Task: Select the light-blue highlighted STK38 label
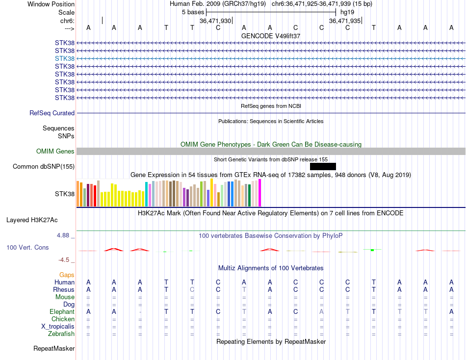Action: [x=65, y=58]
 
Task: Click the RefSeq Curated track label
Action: [x=52, y=113]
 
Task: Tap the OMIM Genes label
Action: [x=55, y=152]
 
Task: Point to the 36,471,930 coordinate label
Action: [x=215, y=21]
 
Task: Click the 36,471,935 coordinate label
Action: [x=345, y=21]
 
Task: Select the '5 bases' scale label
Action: [x=193, y=12]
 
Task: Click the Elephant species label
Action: [x=62, y=311]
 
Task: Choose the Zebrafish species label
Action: [x=61, y=334]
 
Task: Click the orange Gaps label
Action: [x=67, y=275]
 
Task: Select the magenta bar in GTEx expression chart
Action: [x=259, y=193]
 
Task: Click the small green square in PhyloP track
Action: [x=372, y=250]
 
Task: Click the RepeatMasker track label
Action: [x=54, y=349]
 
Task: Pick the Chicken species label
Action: [x=63, y=319]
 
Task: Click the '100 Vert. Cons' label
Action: [x=27, y=248]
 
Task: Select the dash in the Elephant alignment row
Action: [x=140, y=312]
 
